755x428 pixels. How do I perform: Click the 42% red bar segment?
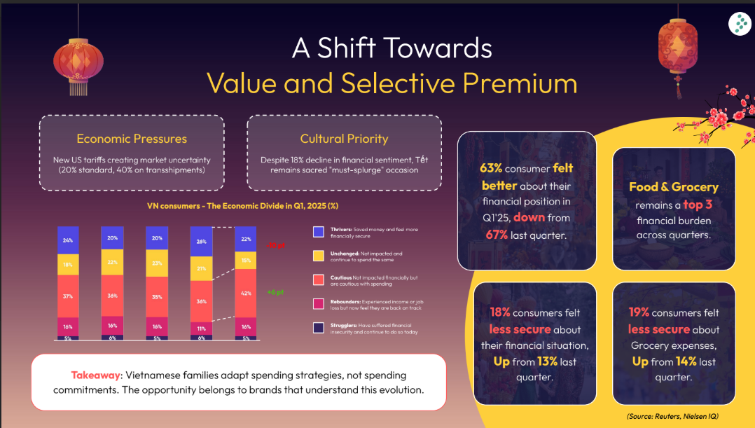245,294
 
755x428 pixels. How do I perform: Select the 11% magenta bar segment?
202,328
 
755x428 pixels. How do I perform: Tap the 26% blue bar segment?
202,242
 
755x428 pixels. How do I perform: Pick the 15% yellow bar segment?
245,261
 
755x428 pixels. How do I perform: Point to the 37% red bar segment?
67,296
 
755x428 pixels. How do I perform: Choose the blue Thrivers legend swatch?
319,231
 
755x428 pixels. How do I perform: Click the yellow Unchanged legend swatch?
319,256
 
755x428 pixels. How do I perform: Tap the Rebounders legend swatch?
319,303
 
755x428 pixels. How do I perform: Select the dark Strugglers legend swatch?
319,327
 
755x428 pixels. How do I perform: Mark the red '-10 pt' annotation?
275,245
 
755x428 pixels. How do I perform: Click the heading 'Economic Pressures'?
132,139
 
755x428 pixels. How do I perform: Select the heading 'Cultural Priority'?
344,139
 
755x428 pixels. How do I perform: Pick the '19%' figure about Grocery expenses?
639,312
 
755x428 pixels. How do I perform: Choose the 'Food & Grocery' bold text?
674,187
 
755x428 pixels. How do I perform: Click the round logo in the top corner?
739,24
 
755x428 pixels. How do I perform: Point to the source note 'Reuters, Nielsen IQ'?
686,417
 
